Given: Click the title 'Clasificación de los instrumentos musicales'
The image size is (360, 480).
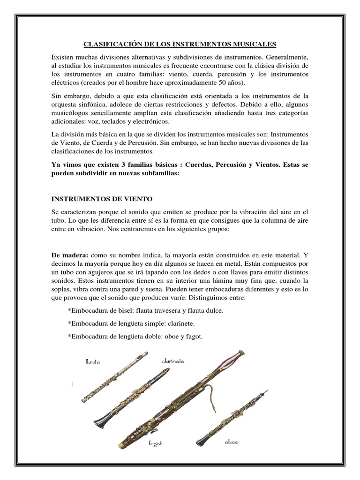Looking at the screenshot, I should point(180,45).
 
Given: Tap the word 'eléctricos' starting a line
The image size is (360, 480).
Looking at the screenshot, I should point(65,83).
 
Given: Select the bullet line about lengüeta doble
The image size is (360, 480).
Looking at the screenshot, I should point(135,337).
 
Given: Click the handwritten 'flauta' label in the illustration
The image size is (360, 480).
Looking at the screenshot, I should point(93,361).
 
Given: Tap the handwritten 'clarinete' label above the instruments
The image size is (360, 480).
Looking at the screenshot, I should point(173,361).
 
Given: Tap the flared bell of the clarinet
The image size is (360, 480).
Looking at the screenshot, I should point(101,418).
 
